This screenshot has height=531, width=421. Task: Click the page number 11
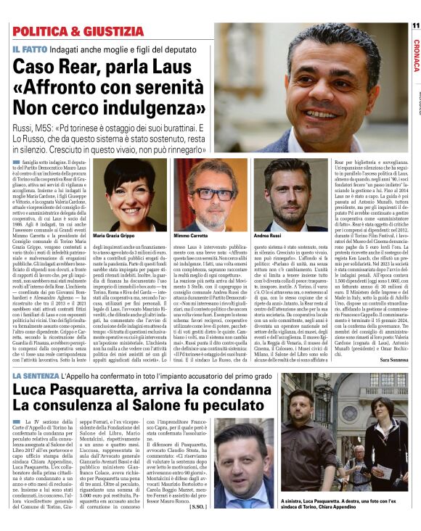pyautogui.click(x=414, y=26)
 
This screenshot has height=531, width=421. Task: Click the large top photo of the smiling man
pyautogui.click(x=313, y=87)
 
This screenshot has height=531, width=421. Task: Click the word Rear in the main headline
pyautogui.click(x=89, y=66)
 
